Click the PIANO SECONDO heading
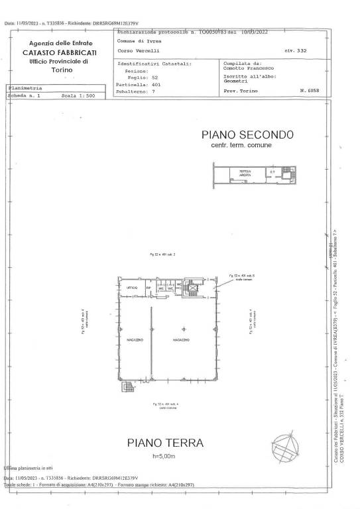[247, 135]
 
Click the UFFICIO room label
[132, 288]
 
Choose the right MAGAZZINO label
[182, 340]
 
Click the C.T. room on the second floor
[271, 172]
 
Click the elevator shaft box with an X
[193, 289]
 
